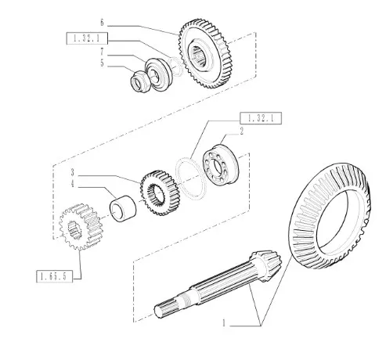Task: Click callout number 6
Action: (x=102, y=23)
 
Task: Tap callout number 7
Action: (x=102, y=52)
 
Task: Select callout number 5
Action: (x=102, y=63)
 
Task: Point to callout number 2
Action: (x=242, y=131)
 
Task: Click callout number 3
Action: (x=73, y=172)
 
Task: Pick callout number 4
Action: (x=73, y=184)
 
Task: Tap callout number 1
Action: (x=224, y=323)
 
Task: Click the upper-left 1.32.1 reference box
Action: (x=87, y=38)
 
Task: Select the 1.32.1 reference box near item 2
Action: (x=261, y=118)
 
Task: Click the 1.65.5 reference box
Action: (x=54, y=276)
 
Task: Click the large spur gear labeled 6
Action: (x=207, y=54)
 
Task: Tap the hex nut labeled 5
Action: (x=140, y=81)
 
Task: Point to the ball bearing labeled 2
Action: (x=220, y=165)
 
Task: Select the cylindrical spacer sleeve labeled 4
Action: (x=123, y=209)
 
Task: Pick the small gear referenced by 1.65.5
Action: (x=81, y=226)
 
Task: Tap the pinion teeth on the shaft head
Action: (x=267, y=265)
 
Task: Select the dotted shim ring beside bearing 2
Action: (x=191, y=178)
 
